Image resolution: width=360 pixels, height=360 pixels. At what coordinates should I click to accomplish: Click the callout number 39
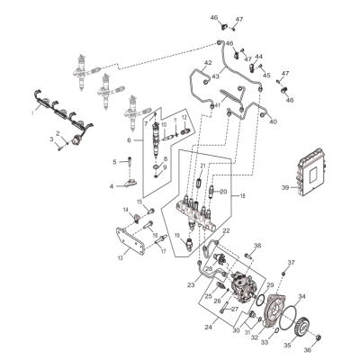283,187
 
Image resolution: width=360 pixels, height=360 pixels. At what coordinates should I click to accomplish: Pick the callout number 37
291,263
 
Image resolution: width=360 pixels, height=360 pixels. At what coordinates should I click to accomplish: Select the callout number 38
256,245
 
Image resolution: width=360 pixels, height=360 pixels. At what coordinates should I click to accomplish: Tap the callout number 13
121,256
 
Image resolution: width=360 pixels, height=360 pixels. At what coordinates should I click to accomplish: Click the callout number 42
208,63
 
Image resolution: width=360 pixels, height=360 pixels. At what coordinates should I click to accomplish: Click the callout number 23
192,283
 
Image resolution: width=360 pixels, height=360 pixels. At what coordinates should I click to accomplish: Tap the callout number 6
129,140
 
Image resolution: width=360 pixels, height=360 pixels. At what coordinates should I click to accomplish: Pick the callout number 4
112,186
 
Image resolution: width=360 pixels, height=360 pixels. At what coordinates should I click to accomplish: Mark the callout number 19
177,236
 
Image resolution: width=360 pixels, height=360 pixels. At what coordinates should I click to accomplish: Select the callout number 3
51,140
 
